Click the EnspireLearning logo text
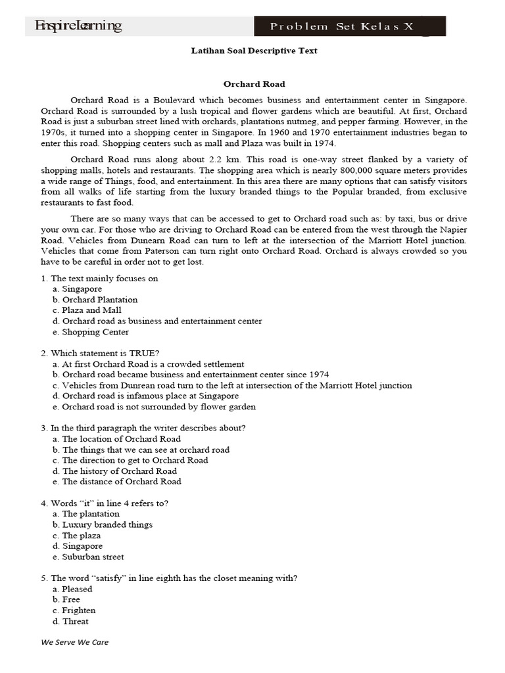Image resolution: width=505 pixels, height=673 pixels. coord(78,26)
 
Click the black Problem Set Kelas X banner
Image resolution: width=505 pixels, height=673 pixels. coord(350,26)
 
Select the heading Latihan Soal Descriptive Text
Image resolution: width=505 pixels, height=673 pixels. coord(254,51)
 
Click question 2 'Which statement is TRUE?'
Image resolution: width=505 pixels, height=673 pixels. coord(100,353)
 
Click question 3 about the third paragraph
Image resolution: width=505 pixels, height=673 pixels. coord(143,428)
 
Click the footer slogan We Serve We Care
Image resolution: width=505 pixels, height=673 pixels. coord(75,642)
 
